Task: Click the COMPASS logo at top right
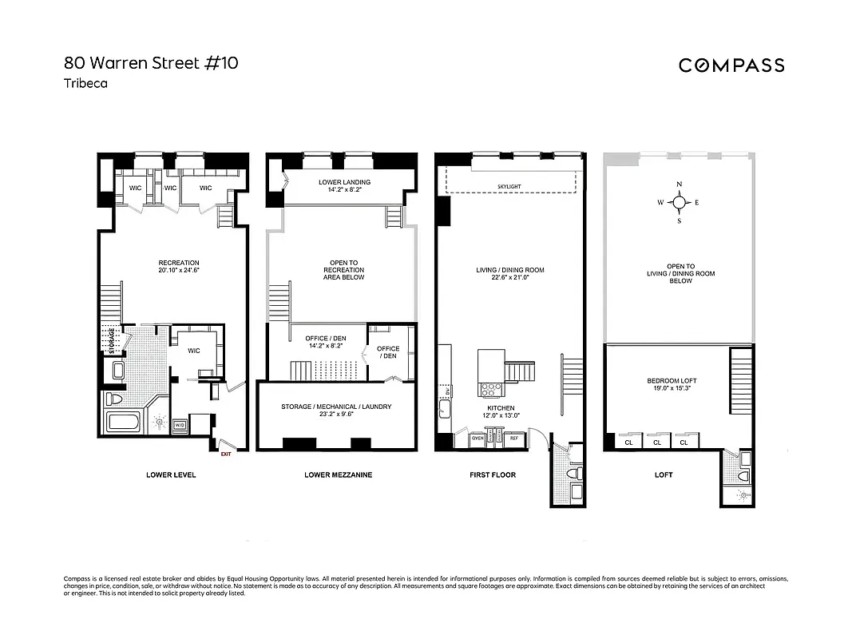(731, 65)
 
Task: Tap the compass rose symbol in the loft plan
(679, 203)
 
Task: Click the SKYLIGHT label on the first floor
(509, 186)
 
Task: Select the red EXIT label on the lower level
(225, 454)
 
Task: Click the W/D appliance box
(180, 425)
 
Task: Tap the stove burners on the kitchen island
(488, 389)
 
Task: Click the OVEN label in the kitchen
(478, 438)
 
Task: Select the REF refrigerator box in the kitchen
(513, 438)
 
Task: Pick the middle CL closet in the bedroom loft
(657, 442)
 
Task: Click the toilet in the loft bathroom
(743, 475)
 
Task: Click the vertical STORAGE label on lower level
(111, 339)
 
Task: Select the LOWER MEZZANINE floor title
(338, 475)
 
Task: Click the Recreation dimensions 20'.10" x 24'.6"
(179, 270)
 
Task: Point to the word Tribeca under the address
(85, 82)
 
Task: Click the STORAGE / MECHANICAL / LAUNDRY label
(336, 407)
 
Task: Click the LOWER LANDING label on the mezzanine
(344, 182)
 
